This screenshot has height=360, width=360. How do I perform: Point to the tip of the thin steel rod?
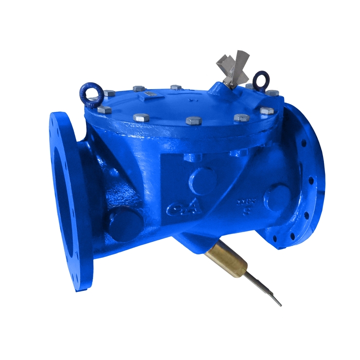(280, 305)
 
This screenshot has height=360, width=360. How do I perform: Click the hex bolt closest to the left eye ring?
(109, 93)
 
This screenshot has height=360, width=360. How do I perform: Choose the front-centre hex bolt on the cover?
(194, 121)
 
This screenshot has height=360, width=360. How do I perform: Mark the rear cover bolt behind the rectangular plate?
(139, 89)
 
